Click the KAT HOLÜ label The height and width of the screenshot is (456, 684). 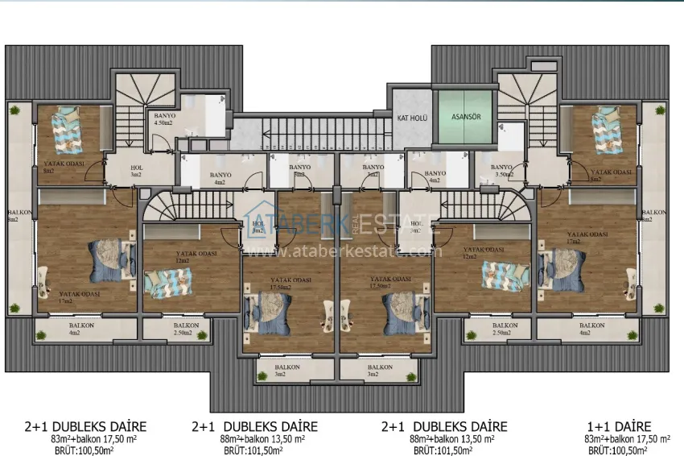[x=411, y=118]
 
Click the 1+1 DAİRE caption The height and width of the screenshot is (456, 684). [x=618, y=426]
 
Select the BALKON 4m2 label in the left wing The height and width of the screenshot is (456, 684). [x=74, y=328]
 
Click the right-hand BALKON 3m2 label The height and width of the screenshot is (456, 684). [x=381, y=371]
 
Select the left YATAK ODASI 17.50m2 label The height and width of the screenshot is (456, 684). [x=291, y=283]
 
